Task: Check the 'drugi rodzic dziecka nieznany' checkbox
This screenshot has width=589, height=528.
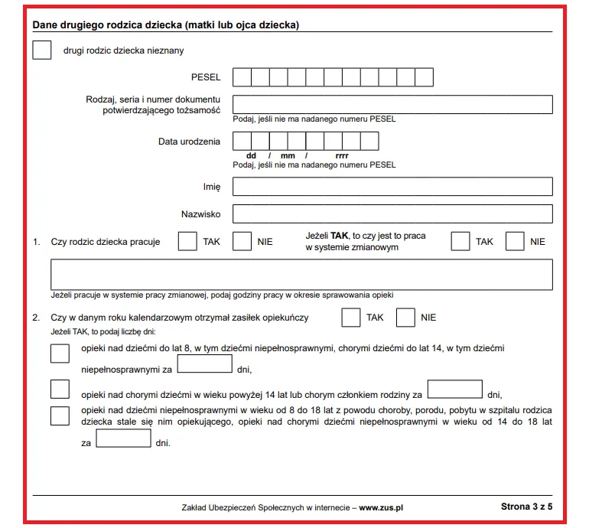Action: click(x=42, y=51)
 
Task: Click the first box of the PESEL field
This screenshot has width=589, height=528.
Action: click(x=242, y=77)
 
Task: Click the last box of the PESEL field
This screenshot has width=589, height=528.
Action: click(x=425, y=77)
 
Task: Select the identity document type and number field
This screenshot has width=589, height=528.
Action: click(x=392, y=105)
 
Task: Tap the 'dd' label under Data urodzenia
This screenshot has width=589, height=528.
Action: click(x=251, y=155)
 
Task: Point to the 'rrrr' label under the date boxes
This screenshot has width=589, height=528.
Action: click(x=342, y=155)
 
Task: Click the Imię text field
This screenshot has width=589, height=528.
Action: click(x=392, y=187)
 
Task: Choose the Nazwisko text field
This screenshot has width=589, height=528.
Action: click(x=392, y=214)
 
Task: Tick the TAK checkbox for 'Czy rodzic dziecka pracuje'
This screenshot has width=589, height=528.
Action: click(x=187, y=241)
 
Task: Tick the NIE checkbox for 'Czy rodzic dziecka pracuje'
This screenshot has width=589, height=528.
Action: click(x=242, y=241)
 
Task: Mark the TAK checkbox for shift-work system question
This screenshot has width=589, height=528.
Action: click(x=460, y=241)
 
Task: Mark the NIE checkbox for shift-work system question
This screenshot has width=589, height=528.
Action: click(x=516, y=241)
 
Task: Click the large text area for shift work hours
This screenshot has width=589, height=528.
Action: click(x=301, y=275)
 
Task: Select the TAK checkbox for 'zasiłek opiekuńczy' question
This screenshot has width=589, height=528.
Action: click(x=350, y=317)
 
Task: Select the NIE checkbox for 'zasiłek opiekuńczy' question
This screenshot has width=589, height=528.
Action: click(x=405, y=317)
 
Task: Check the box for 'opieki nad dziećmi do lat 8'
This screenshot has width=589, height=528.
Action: click(x=59, y=353)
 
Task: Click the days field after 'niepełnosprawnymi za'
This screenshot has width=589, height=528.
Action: click(x=204, y=364)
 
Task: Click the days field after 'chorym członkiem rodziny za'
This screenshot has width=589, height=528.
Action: click(x=454, y=389)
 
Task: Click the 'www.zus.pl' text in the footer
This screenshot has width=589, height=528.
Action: click(x=381, y=507)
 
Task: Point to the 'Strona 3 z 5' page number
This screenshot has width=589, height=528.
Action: click(x=526, y=507)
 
